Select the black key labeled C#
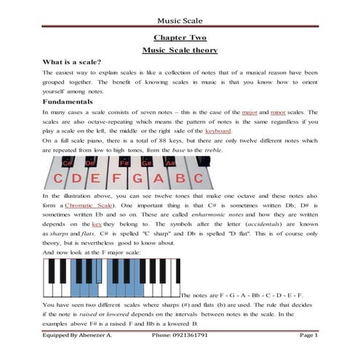(x=69, y=161)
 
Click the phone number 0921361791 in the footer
(x=190, y=335)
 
